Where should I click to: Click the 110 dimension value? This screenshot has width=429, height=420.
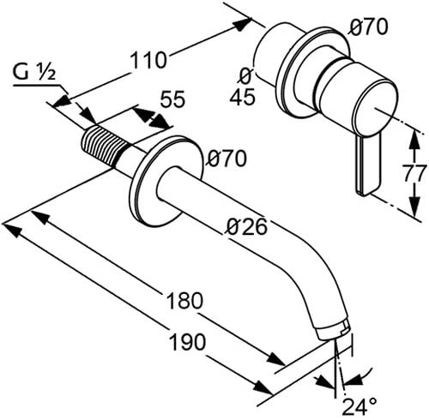click(x=148, y=60)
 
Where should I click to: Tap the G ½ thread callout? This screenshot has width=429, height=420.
click(x=34, y=72)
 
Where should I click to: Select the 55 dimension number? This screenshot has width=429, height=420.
click(x=172, y=99)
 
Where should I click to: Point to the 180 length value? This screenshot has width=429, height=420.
click(x=184, y=300)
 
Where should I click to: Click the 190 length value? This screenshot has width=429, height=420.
click(x=187, y=341)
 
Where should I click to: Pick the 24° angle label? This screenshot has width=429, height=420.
click(x=359, y=407)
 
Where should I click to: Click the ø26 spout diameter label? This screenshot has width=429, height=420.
click(x=247, y=226)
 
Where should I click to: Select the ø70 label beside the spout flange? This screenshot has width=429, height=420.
click(x=227, y=159)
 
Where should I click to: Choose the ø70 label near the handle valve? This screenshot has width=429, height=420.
click(x=369, y=27)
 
